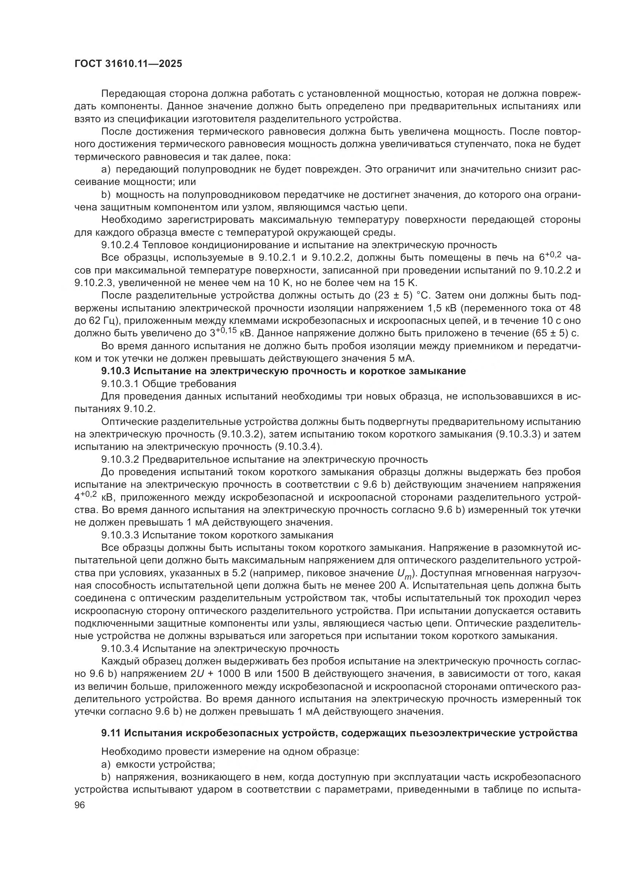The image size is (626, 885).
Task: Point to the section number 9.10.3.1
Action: [120, 384]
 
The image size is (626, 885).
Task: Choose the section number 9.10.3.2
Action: [120, 459]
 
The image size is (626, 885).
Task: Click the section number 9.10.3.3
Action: [120, 535]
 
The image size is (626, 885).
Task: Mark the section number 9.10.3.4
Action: [120, 649]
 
